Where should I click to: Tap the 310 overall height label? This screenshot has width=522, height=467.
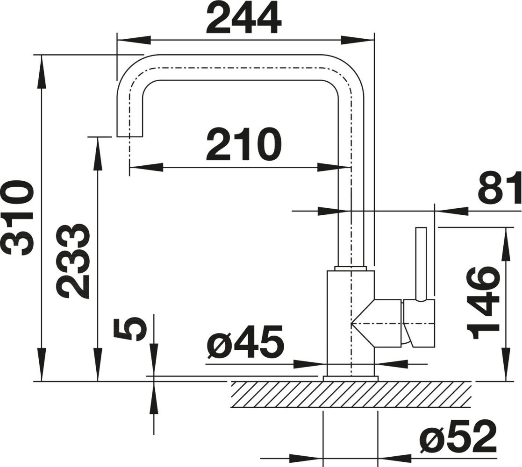click(x=20, y=218)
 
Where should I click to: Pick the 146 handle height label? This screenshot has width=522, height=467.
click(x=483, y=303)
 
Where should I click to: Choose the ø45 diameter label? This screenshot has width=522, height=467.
click(x=245, y=341)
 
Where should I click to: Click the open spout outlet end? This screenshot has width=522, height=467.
click(x=130, y=136)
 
